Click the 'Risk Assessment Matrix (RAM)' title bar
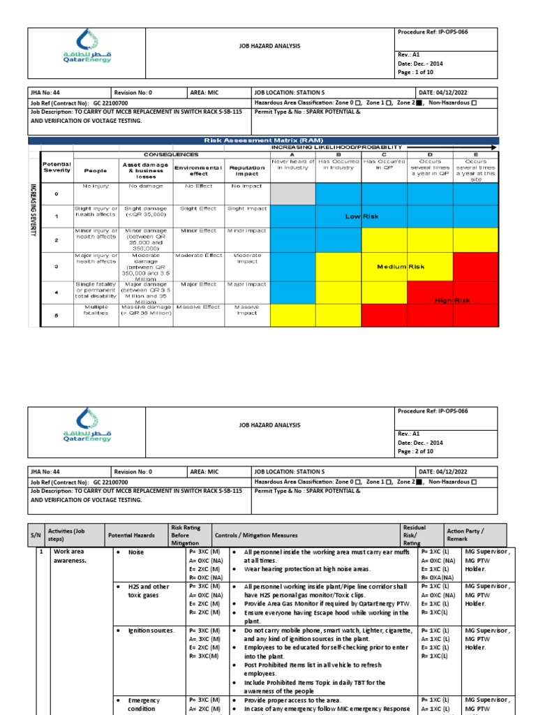click(264, 140)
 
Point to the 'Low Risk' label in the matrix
click(362, 216)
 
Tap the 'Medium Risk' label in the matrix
click(401, 267)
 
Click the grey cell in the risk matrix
click(292, 194)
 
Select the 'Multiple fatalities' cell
click(96, 311)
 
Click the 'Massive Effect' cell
click(198, 307)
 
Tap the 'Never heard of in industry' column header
click(292, 165)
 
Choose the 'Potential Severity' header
click(57, 167)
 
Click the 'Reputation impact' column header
click(247, 170)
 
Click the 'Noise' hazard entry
click(136, 552)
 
